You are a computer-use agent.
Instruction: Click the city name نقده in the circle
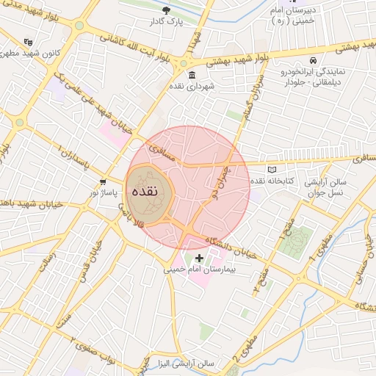coord(146,190)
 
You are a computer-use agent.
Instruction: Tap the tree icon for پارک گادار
coord(167,10)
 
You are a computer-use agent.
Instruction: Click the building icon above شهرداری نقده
coord(191,75)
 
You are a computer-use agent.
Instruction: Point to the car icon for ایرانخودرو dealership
coord(314,60)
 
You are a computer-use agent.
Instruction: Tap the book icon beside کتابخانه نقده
coord(272,170)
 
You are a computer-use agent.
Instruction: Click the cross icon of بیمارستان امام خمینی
coord(199,258)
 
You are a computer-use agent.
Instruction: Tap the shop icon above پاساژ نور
coord(102,181)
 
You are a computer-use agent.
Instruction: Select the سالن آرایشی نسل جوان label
coord(332,186)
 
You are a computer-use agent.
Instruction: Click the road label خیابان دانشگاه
coord(230,247)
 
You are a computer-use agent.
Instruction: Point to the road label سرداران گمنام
coord(246,112)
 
